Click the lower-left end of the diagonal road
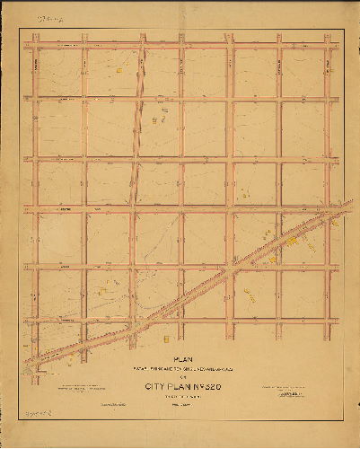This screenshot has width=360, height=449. (31, 363)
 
